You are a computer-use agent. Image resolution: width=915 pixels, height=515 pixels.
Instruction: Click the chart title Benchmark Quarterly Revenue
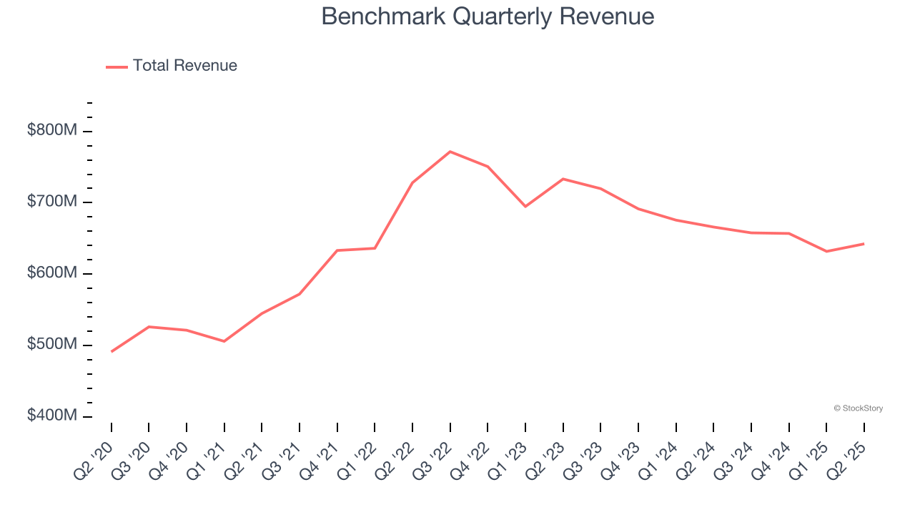coord(488,16)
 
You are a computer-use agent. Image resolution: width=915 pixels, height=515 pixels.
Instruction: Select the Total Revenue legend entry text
coord(184,66)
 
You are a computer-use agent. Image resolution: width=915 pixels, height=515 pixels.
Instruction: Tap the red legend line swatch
coord(117,67)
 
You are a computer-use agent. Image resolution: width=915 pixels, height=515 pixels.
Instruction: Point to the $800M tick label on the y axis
coord(52,131)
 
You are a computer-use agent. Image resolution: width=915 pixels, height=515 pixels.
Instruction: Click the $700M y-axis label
coord(52,202)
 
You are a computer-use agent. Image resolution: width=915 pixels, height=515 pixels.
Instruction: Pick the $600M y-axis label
coord(52,274)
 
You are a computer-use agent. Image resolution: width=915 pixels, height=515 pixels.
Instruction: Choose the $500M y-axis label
coord(52,345)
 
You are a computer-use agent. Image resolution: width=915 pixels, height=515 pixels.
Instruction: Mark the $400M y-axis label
coord(52,416)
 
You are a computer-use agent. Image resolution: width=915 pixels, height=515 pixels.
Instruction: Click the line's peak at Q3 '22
coord(450,152)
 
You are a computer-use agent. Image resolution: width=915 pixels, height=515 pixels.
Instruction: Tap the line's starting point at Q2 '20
coord(112,351)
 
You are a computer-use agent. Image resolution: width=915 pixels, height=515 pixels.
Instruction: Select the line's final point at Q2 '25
coord(864,244)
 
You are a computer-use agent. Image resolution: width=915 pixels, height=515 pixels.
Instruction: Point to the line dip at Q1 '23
coord(525,206)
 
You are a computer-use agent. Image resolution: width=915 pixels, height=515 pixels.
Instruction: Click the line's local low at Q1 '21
coord(224,341)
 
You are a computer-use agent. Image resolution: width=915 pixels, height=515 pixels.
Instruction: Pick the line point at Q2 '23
coord(563,179)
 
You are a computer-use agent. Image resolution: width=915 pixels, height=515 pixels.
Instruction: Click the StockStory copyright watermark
coord(858,408)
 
